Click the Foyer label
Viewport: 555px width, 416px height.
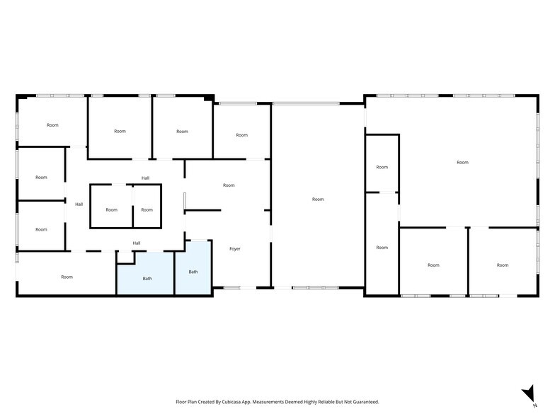(236, 249)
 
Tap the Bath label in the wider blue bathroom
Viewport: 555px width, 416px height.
(147, 279)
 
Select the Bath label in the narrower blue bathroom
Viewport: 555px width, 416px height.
(193, 272)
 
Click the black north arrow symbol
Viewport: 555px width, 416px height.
(528, 393)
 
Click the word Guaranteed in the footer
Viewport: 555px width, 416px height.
(362, 402)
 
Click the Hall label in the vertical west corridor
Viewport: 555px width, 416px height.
(79, 204)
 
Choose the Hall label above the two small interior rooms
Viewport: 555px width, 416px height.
(145, 178)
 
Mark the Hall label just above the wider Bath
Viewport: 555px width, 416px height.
(137, 243)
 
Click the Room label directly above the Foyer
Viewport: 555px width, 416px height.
(229, 185)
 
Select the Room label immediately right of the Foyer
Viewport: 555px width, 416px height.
(318, 200)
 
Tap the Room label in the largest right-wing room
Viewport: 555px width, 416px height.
(462, 163)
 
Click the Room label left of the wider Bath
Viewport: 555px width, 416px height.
(67, 277)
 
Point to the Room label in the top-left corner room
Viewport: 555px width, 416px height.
(52, 125)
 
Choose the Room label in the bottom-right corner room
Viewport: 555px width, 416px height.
(502, 265)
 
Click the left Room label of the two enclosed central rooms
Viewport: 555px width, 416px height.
(112, 210)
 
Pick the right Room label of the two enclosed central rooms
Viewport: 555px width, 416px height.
(147, 210)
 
